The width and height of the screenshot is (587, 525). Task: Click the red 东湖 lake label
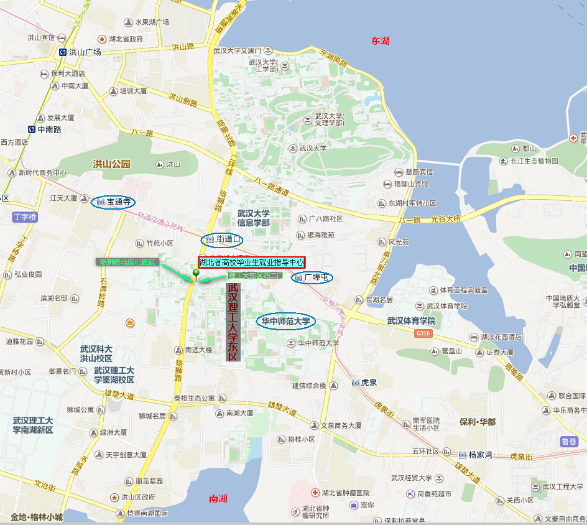click(381, 40)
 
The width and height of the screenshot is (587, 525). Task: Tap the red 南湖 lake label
click(218, 498)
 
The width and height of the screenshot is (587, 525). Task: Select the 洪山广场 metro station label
click(81, 52)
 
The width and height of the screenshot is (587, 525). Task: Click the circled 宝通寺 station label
click(114, 202)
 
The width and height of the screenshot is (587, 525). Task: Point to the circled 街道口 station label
click(222, 239)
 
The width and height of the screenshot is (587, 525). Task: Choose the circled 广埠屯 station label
click(312, 277)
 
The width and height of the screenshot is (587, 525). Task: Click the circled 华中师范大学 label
click(286, 322)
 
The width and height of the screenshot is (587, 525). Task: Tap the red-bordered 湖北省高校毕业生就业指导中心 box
click(252, 262)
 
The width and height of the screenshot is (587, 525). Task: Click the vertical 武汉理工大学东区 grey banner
click(233, 322)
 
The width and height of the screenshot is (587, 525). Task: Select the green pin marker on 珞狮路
click(196, 273)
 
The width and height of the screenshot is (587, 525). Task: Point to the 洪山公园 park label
click(111, 164)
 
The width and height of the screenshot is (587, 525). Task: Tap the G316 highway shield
click(423, 333)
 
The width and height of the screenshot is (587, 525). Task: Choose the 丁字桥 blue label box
click(25, 217)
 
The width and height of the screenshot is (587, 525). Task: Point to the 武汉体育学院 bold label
click(411, 321)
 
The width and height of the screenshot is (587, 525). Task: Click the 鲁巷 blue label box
click(569, 441)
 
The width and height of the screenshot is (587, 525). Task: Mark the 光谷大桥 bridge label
click(444, 220)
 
